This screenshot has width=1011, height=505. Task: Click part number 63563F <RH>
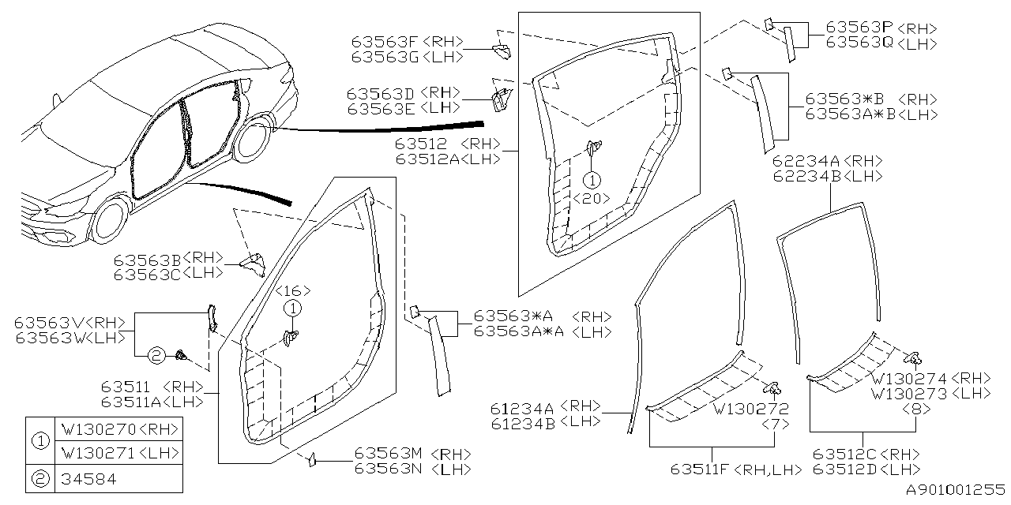click(x=406, y=42)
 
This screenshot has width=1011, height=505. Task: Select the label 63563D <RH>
click(x=404, y=92)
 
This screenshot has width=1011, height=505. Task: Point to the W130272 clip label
click(x=750, y=409)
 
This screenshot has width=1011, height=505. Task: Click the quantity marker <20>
click(x=592, y=198)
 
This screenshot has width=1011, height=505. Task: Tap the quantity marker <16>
click(x=293, y=290)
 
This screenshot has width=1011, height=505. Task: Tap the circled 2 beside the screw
click(x=156, y=356)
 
